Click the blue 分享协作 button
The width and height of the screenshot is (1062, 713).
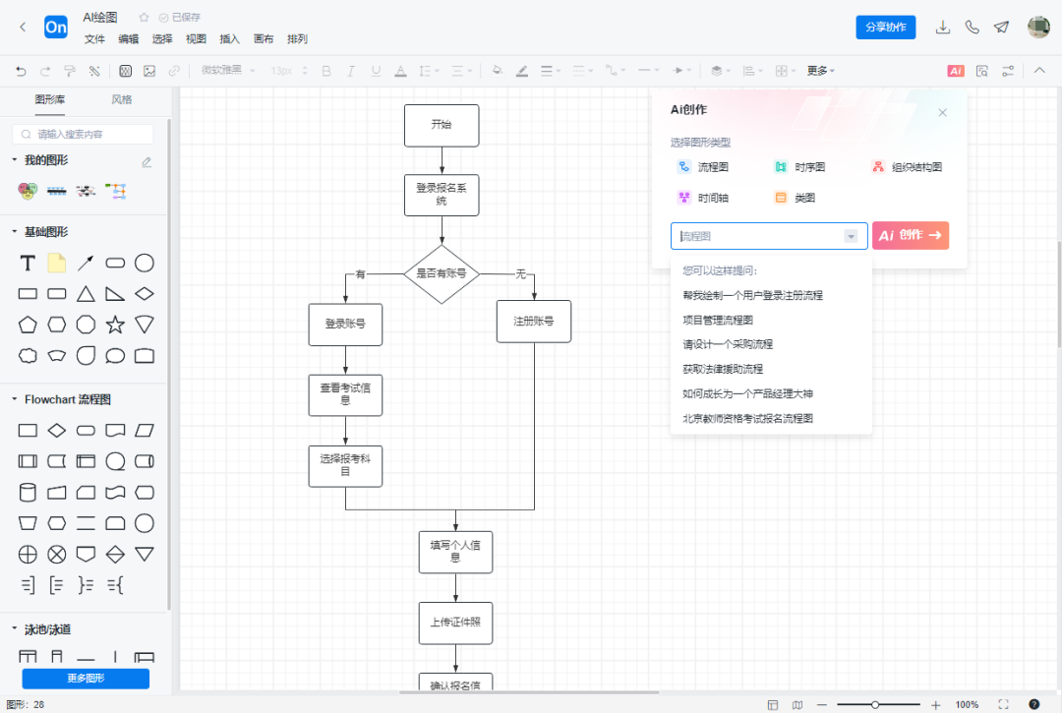coord(885,28)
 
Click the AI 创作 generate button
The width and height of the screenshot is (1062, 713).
coord(910,236)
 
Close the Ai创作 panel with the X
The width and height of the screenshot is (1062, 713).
coord(942,113)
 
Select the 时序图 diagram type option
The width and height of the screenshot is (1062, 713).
coord(799,168)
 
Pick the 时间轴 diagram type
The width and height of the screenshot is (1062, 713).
coord(703,198)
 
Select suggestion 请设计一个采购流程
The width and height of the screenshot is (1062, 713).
coord(728,344)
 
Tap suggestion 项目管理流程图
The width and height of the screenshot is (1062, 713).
coord(718,320)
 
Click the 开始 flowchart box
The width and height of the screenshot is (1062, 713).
coord(442,126)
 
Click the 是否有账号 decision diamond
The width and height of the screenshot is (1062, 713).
coord(442,273)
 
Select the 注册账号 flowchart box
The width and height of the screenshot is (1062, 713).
coord(534,322)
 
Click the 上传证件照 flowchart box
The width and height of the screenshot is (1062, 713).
coord(454,622)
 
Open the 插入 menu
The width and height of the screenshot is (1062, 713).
coord(229,39)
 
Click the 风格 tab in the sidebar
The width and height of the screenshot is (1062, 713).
coord(121,99)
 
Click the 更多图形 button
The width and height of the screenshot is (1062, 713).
coord(86,679)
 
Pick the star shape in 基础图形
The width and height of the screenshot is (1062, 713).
coord(115,325)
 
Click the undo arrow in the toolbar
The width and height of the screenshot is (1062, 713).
coord(21,71)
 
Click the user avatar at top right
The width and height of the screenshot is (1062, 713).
coord(1038,28)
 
